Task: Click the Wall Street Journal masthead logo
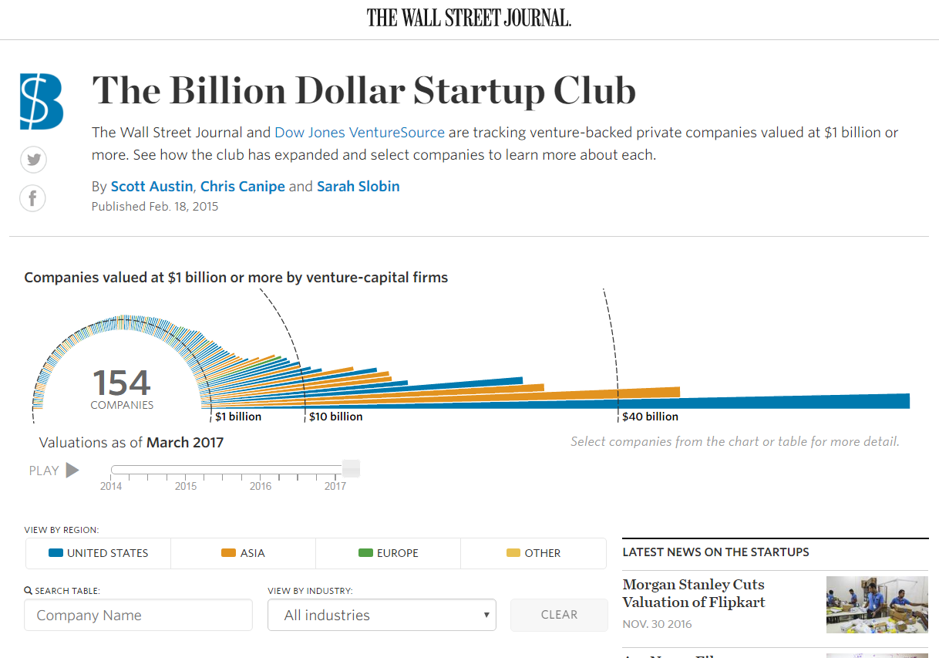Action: point(469,18)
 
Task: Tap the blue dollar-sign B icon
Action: point(42,101)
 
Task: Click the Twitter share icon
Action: point(33,160)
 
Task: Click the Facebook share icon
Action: point(33,198)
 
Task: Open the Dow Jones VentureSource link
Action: point(359,133)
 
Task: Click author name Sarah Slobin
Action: point(358,187)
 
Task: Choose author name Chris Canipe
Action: point(242,187)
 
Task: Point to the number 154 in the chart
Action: point(122,383)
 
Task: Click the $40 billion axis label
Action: point(650,417)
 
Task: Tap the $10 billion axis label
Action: point(335,417)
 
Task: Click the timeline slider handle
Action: point(351,468)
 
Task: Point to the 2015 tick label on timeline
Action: point(186,486)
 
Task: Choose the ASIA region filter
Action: point(243,553)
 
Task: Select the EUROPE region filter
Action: point(388,553)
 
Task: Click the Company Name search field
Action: point(139,615)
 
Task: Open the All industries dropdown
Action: point(382,615)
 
